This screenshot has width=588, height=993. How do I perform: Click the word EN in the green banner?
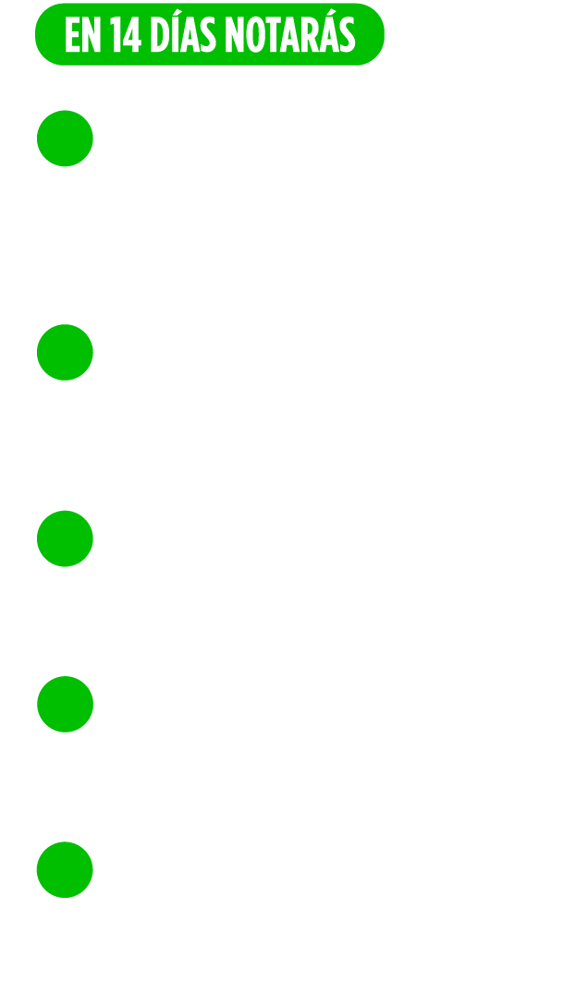[83, 34]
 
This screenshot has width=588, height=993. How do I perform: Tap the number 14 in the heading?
[125, 34]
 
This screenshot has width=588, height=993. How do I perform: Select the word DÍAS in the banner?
[183, 30]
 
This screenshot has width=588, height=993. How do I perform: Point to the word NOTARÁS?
[290, 30]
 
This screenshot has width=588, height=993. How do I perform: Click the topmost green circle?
[65, 139]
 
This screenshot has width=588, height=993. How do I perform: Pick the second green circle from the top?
[65, 352]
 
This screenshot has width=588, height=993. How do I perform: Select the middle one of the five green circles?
[65, 539]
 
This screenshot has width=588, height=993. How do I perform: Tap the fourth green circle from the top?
[66, 704]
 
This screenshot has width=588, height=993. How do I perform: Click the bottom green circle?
[65, 869]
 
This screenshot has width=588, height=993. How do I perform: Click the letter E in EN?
[72, 34]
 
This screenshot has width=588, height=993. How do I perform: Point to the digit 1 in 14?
[116, 34]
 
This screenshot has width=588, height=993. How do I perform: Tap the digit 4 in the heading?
[132, 34]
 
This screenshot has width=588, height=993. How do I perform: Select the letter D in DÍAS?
[160, 34]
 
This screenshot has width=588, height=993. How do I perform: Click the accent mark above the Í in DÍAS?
[178, 12]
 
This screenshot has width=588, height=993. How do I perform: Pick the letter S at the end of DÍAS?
[208, 34]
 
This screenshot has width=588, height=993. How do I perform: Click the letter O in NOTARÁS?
[255, 34]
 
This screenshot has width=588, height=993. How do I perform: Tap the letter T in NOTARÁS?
[273, 34]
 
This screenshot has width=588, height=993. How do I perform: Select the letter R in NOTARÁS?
[310, 34]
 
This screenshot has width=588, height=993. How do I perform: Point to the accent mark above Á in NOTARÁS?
[331, 12]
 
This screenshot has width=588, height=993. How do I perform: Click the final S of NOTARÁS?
[348, 34]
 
